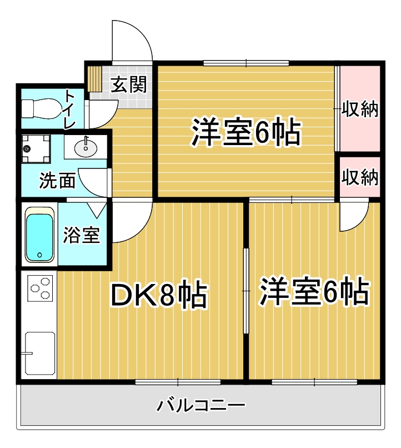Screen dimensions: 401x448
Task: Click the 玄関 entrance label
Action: point(129,84)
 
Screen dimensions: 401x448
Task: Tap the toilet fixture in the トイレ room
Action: point(42,108)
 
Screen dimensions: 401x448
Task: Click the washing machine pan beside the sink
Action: point(36,148)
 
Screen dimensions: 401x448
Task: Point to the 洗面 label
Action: point(57,181)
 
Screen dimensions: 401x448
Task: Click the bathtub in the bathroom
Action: point(39,235)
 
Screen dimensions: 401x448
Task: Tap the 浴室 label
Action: point(81,235)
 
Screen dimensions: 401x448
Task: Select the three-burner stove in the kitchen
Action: point(40,288)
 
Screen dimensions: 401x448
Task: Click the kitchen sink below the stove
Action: point(40,353)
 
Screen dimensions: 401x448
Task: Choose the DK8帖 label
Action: point(159,294)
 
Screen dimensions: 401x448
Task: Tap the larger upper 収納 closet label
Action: point(360,109)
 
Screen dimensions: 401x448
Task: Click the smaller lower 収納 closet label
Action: point(360,177)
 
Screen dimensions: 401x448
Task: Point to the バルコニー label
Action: point(201,405)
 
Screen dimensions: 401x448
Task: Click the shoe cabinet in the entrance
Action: point(95,79)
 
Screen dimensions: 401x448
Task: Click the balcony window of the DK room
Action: point(178,382)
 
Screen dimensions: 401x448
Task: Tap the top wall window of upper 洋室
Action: point(246,63)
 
